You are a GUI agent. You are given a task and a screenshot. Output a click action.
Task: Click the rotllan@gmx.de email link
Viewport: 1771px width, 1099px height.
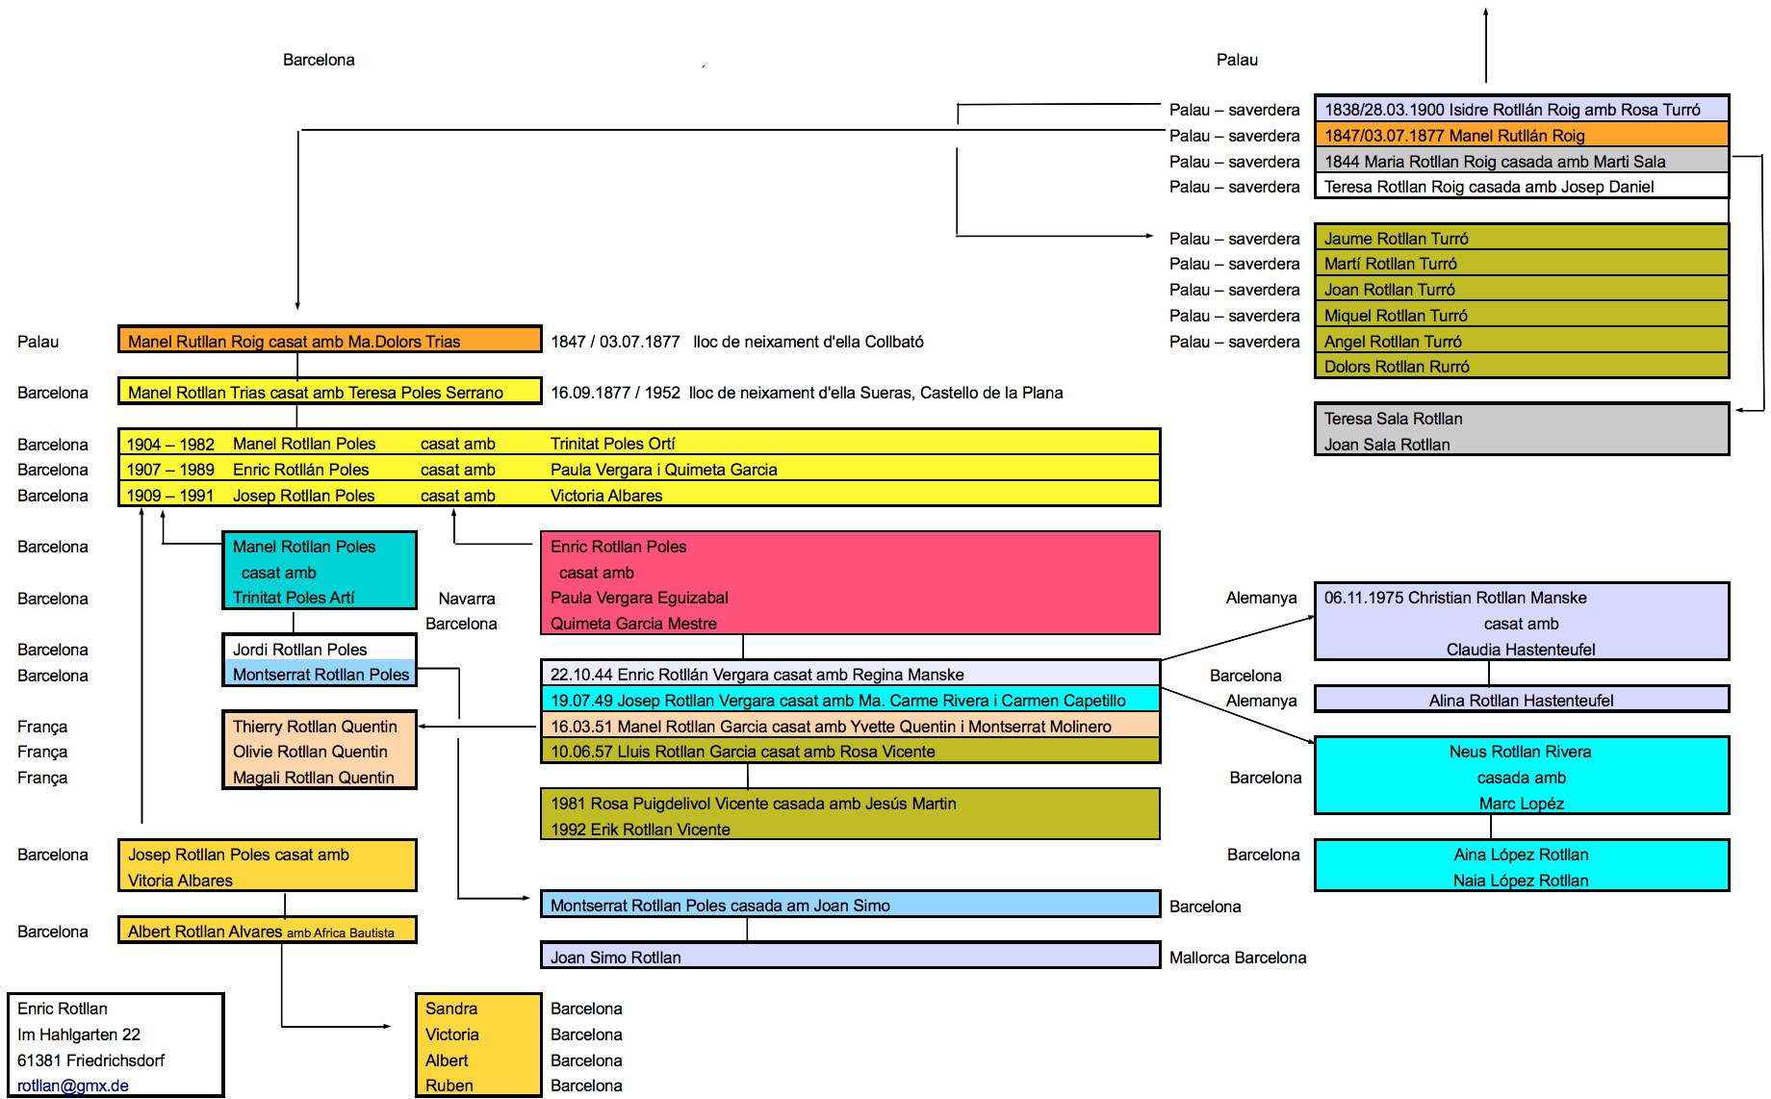tap(73, 1086)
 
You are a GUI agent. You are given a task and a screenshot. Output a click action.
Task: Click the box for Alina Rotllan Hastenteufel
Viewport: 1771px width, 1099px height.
tap(1521, 701)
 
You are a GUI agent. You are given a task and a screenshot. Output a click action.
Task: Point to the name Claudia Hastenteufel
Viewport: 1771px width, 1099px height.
tap(1521, 650)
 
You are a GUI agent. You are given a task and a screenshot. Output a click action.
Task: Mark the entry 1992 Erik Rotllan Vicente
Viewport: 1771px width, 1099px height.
tap(640, 830)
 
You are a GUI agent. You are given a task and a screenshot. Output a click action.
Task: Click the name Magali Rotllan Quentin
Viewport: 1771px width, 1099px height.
tap(314, 778)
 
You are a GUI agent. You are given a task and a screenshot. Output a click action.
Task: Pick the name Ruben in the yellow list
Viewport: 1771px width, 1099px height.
tap(449, 1086)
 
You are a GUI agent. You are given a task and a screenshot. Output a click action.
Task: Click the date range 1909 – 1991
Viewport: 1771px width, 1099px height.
tap(170, 496)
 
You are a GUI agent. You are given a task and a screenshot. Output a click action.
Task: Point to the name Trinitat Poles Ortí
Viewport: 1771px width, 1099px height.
tap(613, 444)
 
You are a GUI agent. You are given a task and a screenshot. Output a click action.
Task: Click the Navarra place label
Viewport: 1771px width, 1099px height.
tap(467, 599)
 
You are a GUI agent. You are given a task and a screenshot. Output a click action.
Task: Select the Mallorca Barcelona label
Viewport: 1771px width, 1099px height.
tap(1238, 958)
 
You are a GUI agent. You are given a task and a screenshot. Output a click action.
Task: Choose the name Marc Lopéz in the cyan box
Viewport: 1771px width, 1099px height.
tap(1521, 804)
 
